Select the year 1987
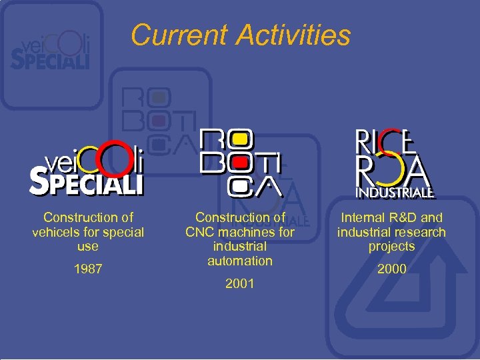[x=88, y=269]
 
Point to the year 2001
[x=240, y=283]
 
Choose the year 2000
[x=391, y=269]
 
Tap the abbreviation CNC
[x=200, y=232]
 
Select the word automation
[x=240, y=261]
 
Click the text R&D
[x=402, y=217]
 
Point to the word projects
[x=391, y=247]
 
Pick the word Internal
[x=363, y=217]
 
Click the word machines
[x=247, y=232]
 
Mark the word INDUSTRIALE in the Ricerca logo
[x=395, y=193]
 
